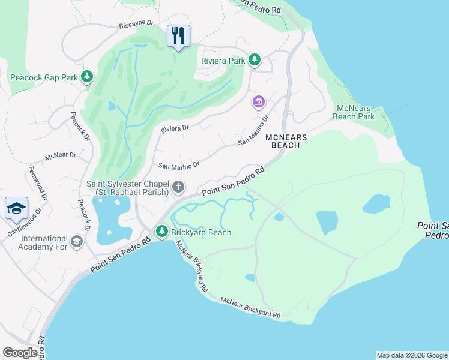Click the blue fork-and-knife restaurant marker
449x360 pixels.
pyautogui.click(x=178, y=36)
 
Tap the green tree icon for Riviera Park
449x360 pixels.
pyautogui.click(x=255, y=60)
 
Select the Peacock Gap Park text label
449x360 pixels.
pyautogui.click(x=44, y=77)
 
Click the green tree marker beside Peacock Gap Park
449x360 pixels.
pyautogui.click(x=88, y=76)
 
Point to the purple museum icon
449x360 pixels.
pyautogui.click(x=259, y=103)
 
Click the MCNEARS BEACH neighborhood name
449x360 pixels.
pyautogui.click(x=286, y=141)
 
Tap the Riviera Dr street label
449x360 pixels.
pyautogui.click(x=175, y=128)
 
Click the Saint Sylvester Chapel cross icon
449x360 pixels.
pyautogui.click(x=178, y=188)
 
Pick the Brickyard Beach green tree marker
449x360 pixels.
pyautogui.click(x=161, y=231)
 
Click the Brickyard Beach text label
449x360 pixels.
pyautogui.click(x=201, y=232)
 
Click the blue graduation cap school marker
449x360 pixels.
pyautogui.click(x=16, y=208)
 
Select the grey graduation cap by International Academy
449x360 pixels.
pyautogui.click(x=76, y=242)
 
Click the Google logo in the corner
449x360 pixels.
pyautogui.click(x=20, y=352)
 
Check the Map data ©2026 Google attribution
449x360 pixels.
pyautogui.click(x=411, y=355)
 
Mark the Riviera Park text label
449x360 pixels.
pyautogui.click(x=223, y=61)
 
